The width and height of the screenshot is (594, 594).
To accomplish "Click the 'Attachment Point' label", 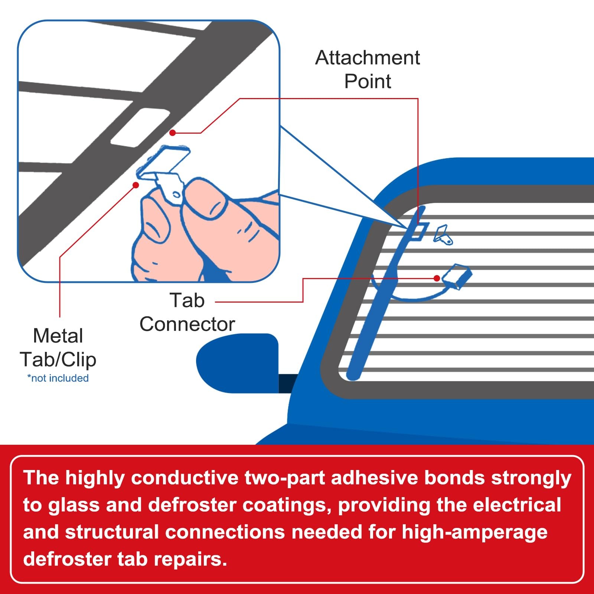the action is (368, 69).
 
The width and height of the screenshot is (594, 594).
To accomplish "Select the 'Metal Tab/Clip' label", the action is (58, 347).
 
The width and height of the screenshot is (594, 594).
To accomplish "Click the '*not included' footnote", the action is (58, 378).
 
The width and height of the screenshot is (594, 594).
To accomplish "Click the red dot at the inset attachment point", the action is (173, 133).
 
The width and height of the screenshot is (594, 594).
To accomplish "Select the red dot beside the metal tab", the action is (136, 185).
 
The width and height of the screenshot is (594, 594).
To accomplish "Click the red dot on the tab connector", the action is (437, 278).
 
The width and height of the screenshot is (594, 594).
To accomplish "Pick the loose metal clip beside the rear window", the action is (443, 235).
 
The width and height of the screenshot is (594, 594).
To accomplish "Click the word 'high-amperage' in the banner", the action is (474, 532).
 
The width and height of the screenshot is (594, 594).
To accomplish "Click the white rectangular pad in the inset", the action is (140, 127).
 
